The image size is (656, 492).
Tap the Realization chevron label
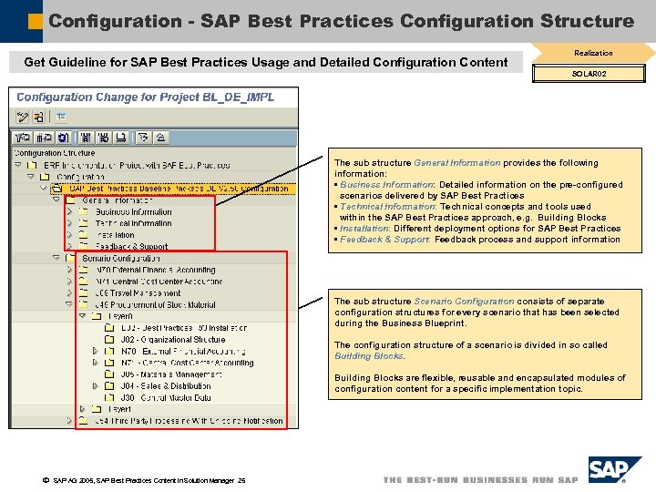tap(593, 53)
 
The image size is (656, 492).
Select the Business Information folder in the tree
tap(133, 212)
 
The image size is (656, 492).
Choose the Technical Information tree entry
tap(133, 223)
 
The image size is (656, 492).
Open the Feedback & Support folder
tap(131, 247)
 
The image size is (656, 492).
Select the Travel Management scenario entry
tap(138, 293)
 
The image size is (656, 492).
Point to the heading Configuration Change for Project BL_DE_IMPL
tap(145, 97)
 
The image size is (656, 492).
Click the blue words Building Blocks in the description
tap(356, 356)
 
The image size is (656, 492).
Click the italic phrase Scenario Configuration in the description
tap(464, 302)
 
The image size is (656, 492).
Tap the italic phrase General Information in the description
tap(456, 163)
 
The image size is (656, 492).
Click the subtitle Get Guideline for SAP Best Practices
tap(265, 62)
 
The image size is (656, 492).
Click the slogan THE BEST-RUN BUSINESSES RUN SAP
tap(480, 480)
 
